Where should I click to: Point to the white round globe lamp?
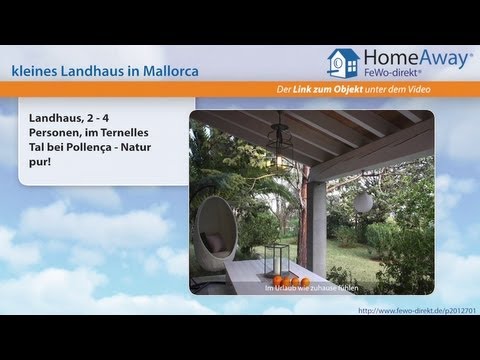tap(363, 202)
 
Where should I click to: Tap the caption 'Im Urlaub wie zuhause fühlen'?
tap(313, 289)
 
